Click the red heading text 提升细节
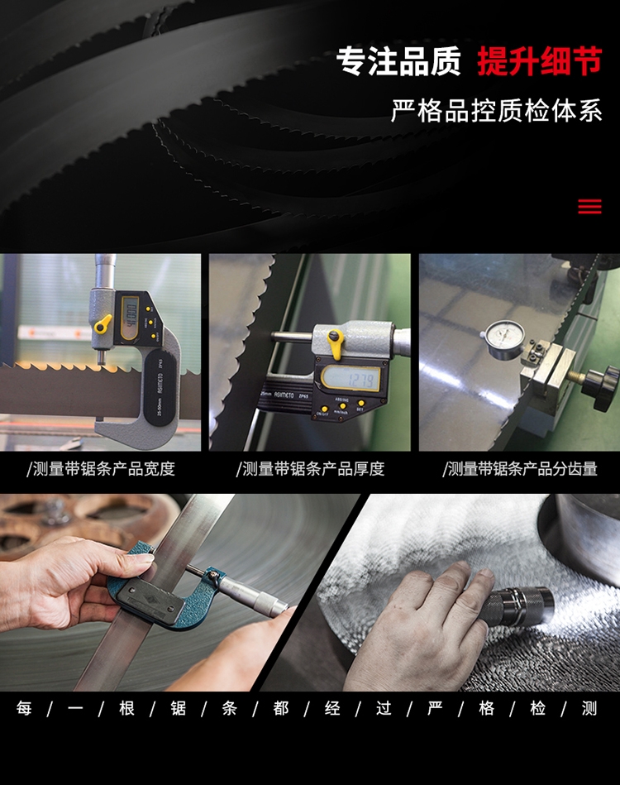click(x=539, y=61)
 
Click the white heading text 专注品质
click(x=398, y=61)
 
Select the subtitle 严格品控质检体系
click(x=496, y=111)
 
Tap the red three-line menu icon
click(x=589, y=206)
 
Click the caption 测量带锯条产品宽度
click(x=104, y=468)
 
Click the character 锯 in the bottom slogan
click(x=178, y=708)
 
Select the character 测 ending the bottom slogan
click(x=589, y=708)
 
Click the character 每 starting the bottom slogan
click(x=24, y=708)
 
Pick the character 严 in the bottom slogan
click(x=435, y=708)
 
